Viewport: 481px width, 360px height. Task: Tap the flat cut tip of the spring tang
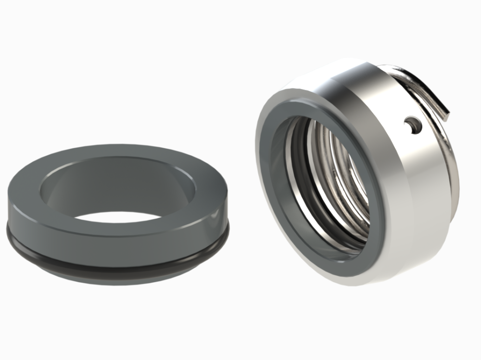(447, 115)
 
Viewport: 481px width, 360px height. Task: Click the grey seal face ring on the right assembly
(274, 192)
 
